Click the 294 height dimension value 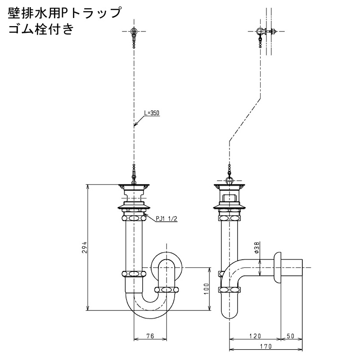click(85, 247)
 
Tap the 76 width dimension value click(150, 336)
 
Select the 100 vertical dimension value click(207, 289)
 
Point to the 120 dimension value click(255, 336)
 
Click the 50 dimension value click(290, 336)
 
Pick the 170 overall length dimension click(266, 346)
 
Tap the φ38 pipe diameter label click(257, 247)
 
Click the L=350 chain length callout click(152, 113)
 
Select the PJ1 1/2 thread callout click(166, 219)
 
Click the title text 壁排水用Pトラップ click(64, 13)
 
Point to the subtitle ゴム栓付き click(41, 29)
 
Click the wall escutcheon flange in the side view click(277, 268)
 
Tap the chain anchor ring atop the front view click(134, 31)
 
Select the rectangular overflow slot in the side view click(229, 198)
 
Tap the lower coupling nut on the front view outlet click(166, 289)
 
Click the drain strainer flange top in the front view click(134, 185)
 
